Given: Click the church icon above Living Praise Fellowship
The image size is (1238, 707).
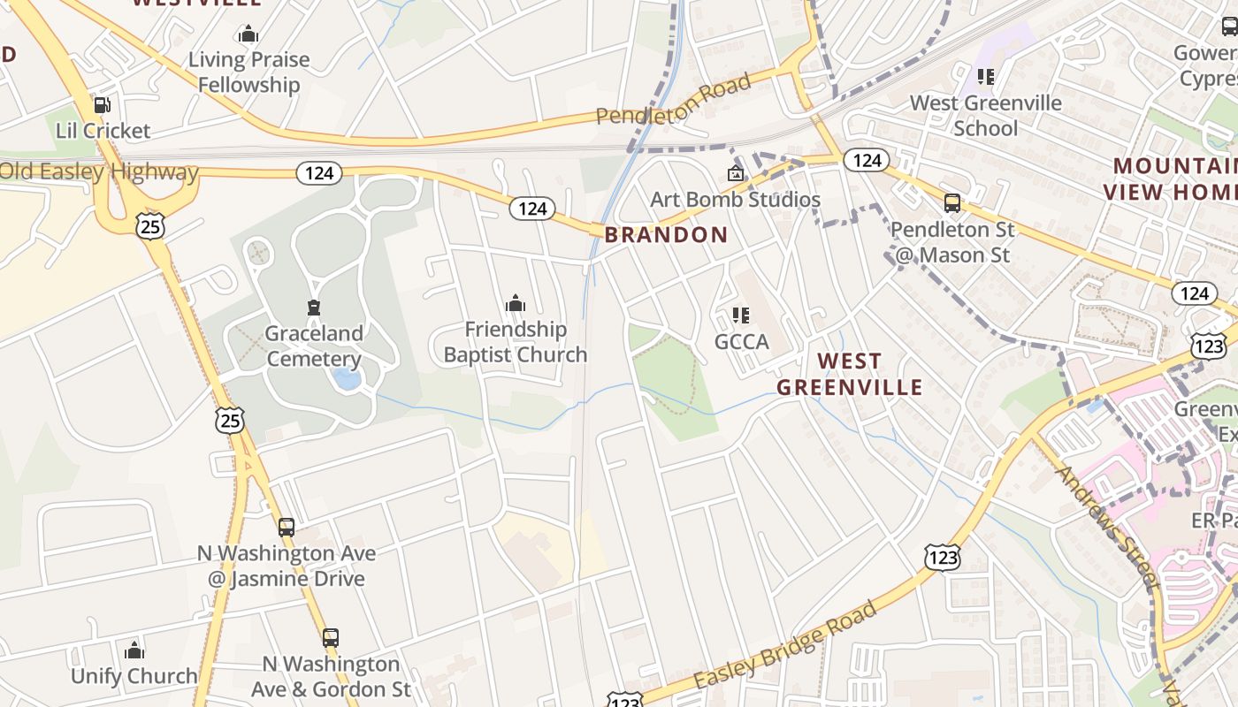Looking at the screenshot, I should [x=248, y=34].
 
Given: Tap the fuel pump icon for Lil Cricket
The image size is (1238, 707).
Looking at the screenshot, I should [x=103, y=105].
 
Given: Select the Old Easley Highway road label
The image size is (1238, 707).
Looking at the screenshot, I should [x=99, y=171].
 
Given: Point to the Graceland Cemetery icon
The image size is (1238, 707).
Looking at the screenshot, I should [x=313, y=308].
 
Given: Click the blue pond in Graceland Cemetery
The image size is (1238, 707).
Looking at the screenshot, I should [x=347, y=379].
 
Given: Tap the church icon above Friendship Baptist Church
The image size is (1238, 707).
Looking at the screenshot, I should [x=515, y=304].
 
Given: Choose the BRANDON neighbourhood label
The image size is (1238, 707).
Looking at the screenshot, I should [x=666, y=234].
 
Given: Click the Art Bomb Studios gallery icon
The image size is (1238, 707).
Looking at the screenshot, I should [x=735, y=173].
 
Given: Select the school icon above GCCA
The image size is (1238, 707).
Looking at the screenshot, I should [x=741, y=315].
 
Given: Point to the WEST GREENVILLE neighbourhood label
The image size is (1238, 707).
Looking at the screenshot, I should [x=849, y=374].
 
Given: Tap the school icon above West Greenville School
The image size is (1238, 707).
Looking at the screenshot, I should [x=985, y=77].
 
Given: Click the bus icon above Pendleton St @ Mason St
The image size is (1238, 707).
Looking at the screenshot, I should [x=952, y=203].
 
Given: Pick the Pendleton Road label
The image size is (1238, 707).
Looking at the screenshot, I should [x=673, y=99].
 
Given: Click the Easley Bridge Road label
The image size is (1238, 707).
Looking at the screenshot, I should [x=785, y=645].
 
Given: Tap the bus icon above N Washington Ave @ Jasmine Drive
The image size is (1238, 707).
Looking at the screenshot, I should [x=286, y=528].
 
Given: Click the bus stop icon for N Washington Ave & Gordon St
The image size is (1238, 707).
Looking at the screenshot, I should [x=330, y=637].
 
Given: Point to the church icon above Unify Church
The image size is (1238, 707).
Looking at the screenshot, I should [x=134, y=651].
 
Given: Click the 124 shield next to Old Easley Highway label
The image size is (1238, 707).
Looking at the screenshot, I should [x=318, y=172].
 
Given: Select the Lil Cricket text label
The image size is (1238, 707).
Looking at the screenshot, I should [x=103, y=131].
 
